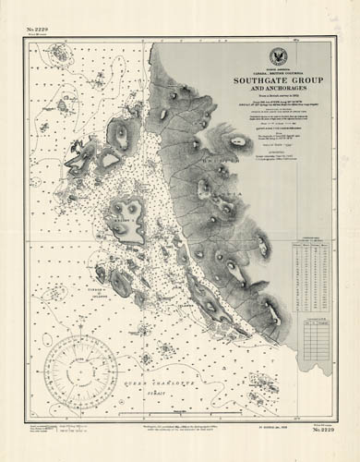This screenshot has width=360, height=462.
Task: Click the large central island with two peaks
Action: [x=126, y=218]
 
